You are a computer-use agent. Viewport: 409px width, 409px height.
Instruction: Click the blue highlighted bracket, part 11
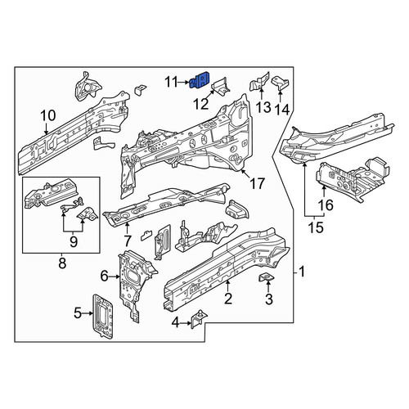click(x=200, y=80)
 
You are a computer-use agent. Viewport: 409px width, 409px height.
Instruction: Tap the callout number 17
click(x=257, y=183)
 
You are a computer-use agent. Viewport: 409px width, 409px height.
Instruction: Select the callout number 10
click(x=48, y=115)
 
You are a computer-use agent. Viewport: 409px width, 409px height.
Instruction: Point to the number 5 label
click(x=78, y=313)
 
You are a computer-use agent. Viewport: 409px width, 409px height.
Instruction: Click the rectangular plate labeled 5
click(x=102, y=317)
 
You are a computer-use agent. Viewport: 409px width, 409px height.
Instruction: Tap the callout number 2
click(x=228, y=299)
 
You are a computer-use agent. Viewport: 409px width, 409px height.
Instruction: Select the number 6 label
click(x=104, y=276)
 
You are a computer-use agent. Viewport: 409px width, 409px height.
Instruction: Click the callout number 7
click(x=128, y=240)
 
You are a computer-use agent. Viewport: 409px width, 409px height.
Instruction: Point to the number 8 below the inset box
click(x=62, y=263)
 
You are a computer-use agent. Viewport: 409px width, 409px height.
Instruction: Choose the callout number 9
click(x=74, y=241)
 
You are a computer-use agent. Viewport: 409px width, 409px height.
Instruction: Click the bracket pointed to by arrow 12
click(x=220, y=85)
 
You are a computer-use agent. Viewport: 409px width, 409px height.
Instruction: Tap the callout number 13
click(x=263, y=107)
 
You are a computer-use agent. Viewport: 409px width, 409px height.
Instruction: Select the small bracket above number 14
click(x=280, y=82)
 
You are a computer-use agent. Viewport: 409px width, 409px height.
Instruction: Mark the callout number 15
click(x=316, y=227)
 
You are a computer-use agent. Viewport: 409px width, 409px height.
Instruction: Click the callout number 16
click(x=326, y=205)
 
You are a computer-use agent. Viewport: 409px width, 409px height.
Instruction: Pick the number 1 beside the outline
click(x=302, y=272)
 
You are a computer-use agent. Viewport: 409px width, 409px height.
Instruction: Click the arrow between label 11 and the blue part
click(x=184, y=82)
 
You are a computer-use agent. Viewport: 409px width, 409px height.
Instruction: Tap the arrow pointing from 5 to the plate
click(x=88, y=313)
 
